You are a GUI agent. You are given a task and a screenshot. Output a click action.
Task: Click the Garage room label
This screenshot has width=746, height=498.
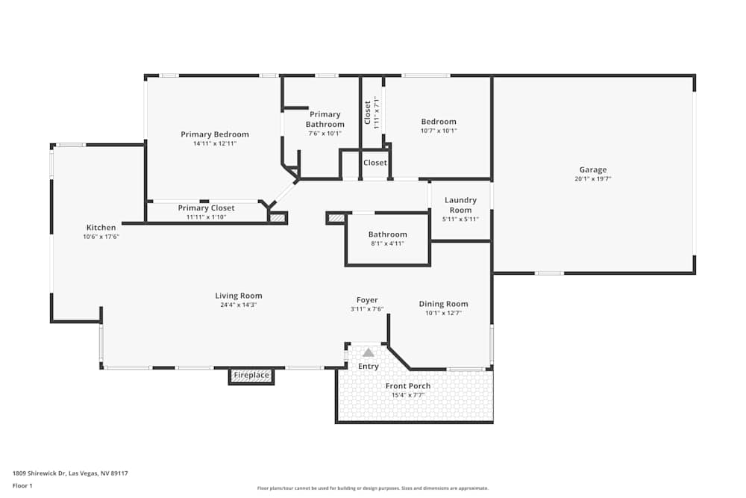[x=593, y=169]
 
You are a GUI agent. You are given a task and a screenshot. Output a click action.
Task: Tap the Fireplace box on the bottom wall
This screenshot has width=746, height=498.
[x=251, y=376]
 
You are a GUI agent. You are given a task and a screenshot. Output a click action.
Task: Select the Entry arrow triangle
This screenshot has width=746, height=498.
[x=369, y=352]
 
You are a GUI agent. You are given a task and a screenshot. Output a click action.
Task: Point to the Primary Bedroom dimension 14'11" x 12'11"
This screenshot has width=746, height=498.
[x=215, y=143]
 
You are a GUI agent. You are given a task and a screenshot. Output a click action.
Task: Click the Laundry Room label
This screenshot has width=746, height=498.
[x=460, y=205]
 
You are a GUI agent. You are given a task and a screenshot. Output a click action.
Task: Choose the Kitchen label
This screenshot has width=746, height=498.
[x=101, y=228]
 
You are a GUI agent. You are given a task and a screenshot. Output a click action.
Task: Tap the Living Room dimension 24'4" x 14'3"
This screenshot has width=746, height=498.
[x=239, y=305]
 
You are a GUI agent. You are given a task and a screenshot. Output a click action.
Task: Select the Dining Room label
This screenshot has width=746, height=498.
[x=443, y=304]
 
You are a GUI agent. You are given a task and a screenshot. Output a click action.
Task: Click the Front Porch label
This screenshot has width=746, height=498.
[x=408, y=386]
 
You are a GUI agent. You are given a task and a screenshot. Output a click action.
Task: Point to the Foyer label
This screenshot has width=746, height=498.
[x=367, y=300]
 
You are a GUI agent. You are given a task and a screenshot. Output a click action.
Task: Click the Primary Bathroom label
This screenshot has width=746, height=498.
[x=325, y=119]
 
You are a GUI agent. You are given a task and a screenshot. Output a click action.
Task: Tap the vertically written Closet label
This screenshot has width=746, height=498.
[x=367, y=113]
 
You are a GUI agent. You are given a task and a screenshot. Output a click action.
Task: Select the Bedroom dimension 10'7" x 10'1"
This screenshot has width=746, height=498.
[x=439, y=131]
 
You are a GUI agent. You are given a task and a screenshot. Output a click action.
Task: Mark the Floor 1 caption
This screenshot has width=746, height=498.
[x=23, y=485]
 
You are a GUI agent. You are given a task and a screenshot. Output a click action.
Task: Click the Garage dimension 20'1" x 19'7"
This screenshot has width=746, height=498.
[x=593, y=179]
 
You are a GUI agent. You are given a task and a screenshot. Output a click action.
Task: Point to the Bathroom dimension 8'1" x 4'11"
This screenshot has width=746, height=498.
[x=387, y=243]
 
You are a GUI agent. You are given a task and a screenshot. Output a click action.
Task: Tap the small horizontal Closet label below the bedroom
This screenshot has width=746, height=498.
[x=375, y=163]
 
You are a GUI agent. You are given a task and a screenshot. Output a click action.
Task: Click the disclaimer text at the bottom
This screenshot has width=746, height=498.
[x=373, y=488]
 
